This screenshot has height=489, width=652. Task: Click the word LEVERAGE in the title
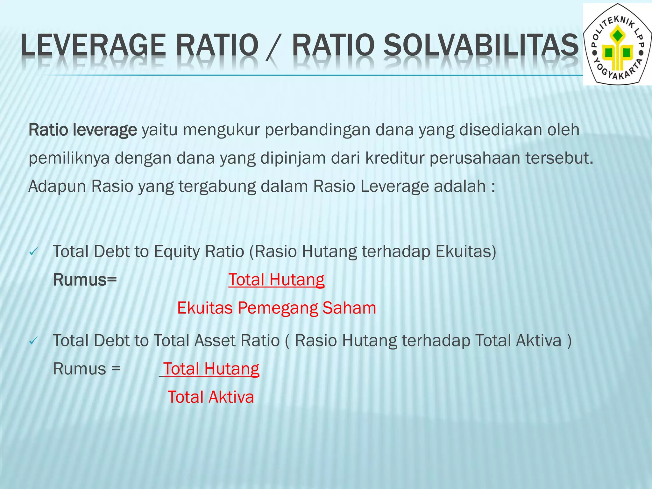tap(93, 45)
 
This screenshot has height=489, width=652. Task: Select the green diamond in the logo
tap(618, 35)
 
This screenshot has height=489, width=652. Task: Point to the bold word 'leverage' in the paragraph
tap(105, 130)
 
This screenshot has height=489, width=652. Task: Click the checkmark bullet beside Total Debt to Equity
tap(33, 252)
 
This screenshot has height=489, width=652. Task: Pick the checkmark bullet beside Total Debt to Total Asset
tap(33, 342)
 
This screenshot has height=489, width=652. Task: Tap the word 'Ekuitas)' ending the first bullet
tap(466, 252)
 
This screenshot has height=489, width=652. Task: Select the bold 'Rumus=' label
tap(85, 280)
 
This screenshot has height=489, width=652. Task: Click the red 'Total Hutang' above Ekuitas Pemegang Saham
tap(276, 280)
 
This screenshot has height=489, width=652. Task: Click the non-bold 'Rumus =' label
tap(87, 369)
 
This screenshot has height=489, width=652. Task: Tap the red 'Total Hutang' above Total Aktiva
tap(211, 369)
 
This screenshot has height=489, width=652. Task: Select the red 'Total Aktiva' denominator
tap(211, 397)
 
